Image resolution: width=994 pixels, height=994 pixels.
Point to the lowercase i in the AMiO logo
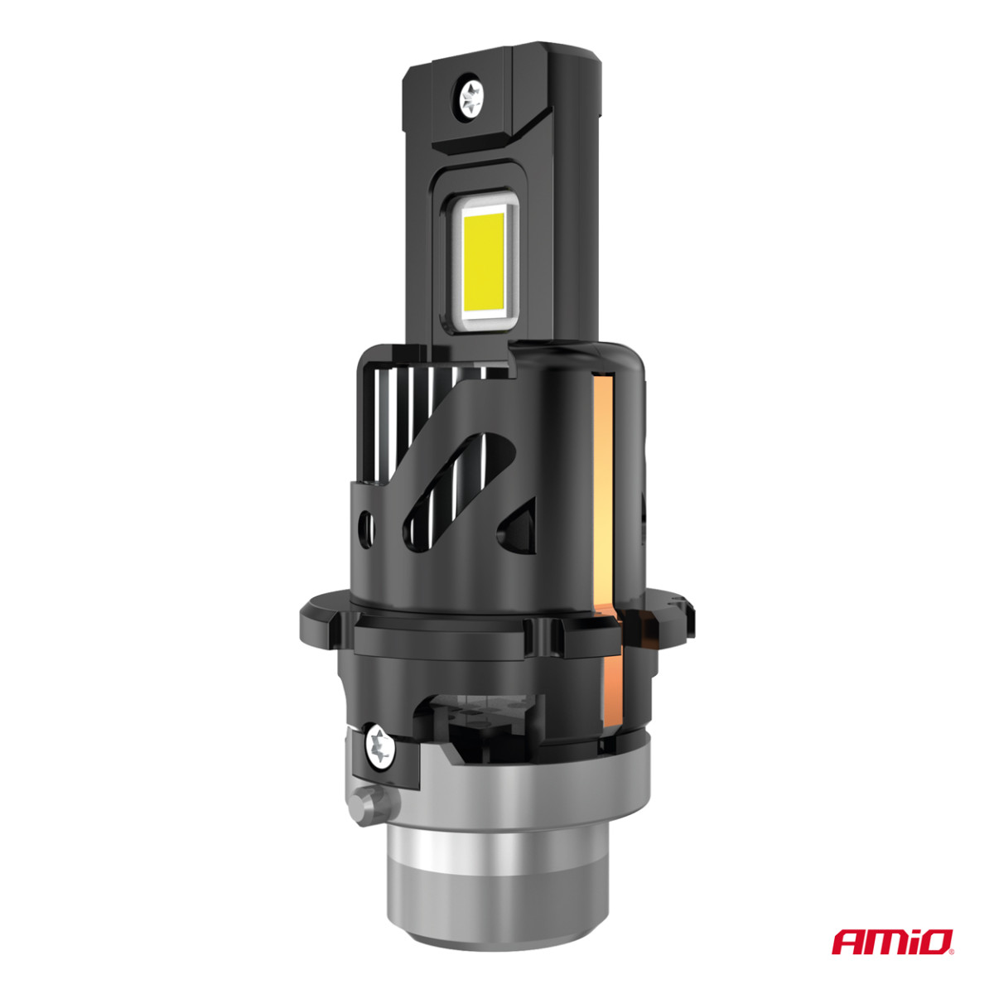coord(910,942)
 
